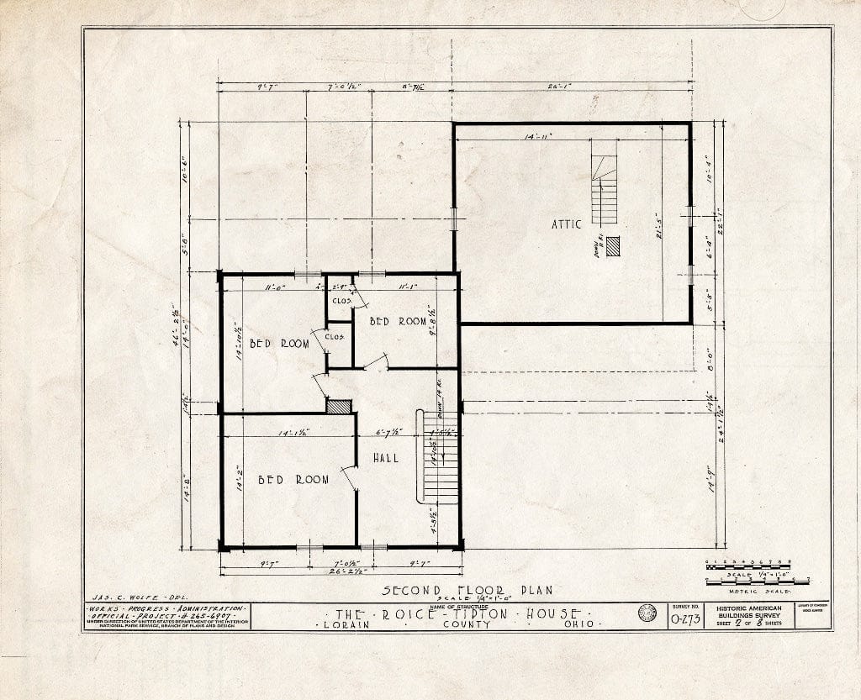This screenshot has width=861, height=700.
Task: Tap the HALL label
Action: click(385, 458)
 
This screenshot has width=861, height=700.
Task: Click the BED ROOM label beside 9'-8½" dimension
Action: click(399, 321)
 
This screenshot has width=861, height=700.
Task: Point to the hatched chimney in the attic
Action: click(613, 246)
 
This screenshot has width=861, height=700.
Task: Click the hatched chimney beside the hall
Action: click(339, 406)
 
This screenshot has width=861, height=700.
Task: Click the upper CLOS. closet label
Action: click(340, 300)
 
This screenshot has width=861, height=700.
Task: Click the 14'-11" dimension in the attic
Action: click(536, 135)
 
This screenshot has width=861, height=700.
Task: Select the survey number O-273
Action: click(686, 620)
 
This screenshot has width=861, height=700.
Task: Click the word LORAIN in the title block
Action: click(353, 625)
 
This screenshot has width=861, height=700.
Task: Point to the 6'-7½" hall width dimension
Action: click(388, 432)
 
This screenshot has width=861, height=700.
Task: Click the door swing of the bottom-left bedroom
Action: click(348, 477)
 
